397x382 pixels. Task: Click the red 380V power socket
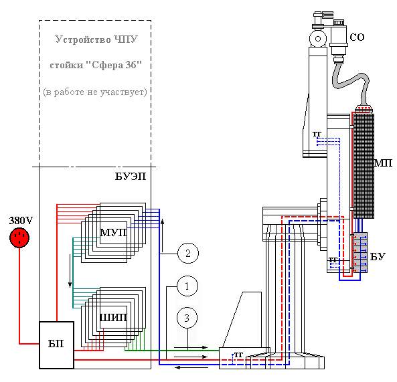click(19, 237)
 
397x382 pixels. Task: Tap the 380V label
click(21, 221)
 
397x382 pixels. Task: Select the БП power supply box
click(56, 345)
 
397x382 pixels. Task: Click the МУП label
click(113, 233)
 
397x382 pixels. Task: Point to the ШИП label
click(113, 318)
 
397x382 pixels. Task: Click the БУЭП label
click(131, 177)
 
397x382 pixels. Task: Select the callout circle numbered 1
click(187, 286)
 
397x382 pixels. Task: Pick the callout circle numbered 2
click(188, 253)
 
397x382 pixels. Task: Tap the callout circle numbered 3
click(187, 318)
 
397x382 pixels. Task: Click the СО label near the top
click(357, 37)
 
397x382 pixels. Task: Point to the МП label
click(384, 163)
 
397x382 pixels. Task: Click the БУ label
click(378, 256)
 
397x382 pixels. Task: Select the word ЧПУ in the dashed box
click(126, 39)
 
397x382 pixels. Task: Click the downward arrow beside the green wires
click(70, 271)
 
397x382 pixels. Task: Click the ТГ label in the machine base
click(238, 355)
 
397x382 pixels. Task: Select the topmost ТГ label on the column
click(317, 134)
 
